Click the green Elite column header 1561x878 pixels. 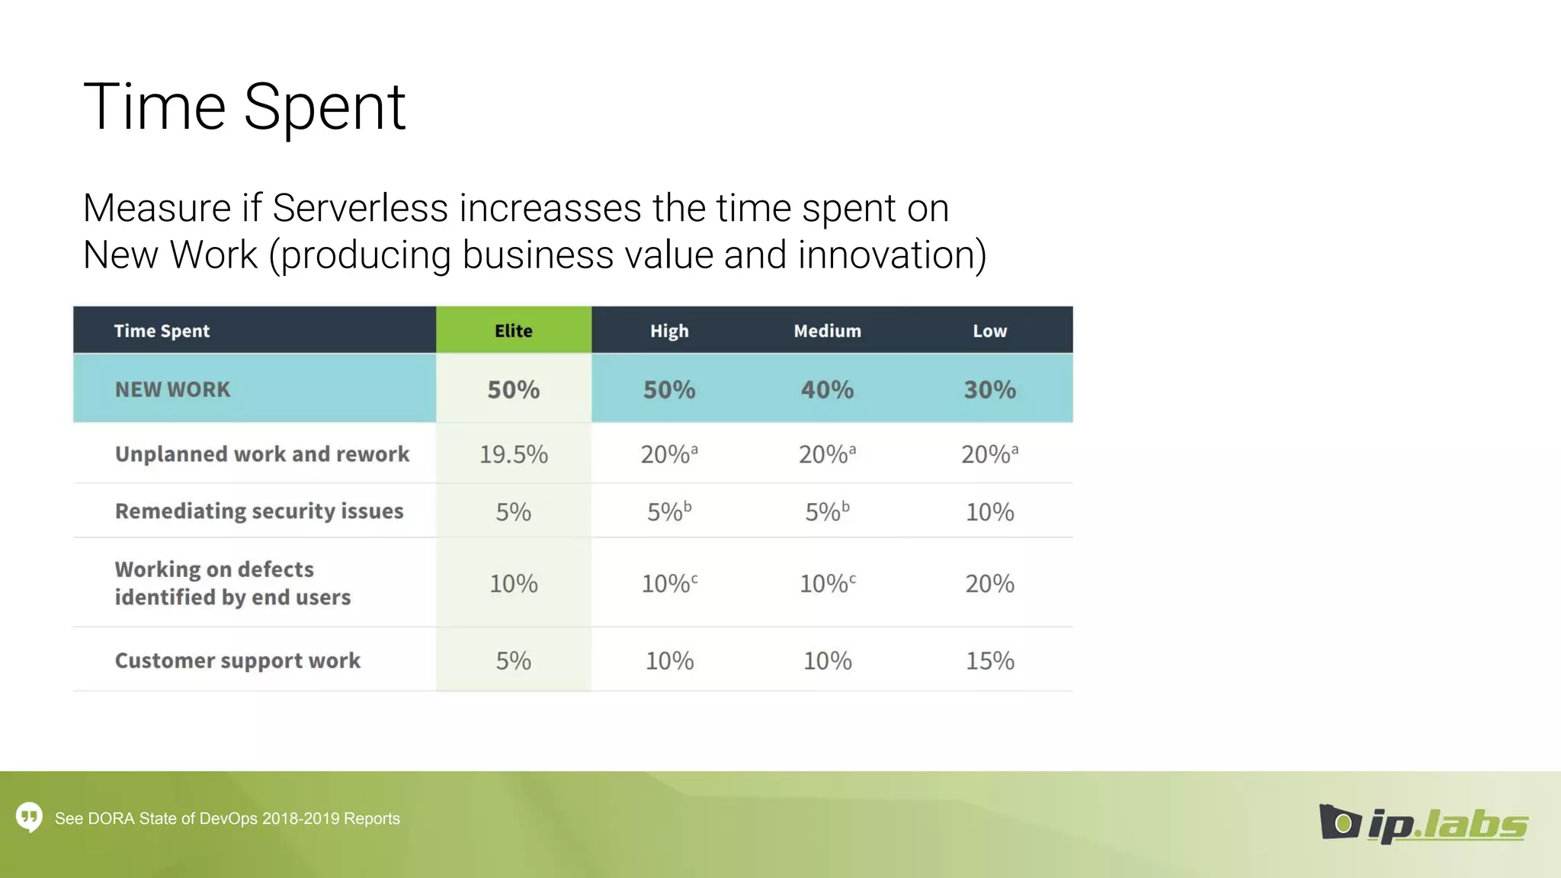(x=513, y=331)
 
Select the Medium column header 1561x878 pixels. (x=827, y=331)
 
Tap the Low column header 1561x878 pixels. (x=989, y=331)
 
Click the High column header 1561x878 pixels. (x=669, y=331)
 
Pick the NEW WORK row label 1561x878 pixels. (x=172, y=389)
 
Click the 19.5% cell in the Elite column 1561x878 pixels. (x=513, y=454)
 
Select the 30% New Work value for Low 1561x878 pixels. (x=989, y=389)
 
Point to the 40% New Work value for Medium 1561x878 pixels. (x=827, y=389)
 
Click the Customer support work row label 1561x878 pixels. (x=237, y=660)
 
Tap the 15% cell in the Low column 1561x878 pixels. (x=989, y=660)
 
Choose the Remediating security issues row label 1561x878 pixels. (x=259, y=511)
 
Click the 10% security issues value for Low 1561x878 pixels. (x=989, y=511)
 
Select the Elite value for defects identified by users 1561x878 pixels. (x=513, y=584)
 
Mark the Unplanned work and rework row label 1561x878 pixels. (x=262, y=454)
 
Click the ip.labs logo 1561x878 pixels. (x=1423, y=824)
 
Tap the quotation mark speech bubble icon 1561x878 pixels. (x=30, y=817)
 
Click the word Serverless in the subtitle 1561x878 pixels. (x=360, y=208)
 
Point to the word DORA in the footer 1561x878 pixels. (x=111, y=819)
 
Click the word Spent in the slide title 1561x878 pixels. (x=324, y=107)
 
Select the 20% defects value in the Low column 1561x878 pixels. (x=989, y=584)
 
